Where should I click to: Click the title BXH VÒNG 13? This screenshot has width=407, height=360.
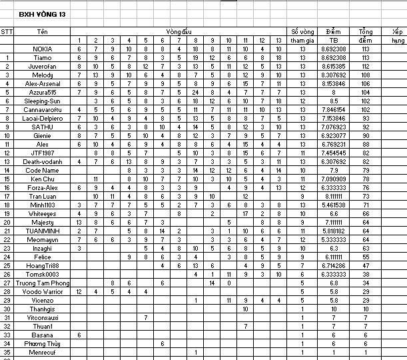pos(43,13)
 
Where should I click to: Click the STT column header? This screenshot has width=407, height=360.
pos(7,31)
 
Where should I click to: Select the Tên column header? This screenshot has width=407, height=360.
pos(43,31)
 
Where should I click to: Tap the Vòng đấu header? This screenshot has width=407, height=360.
pos(179,31)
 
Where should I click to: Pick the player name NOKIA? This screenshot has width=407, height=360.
pos(43,49)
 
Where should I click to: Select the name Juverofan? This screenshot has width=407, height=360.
pos(43,66)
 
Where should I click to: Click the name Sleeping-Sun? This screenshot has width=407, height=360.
pos(43,101)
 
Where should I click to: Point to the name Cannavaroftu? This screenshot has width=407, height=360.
pos(43,109)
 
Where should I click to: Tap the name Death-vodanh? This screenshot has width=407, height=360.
pos(43,161)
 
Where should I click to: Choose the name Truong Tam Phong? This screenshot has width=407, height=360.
pos(43,283)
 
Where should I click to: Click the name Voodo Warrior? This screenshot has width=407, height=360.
pos(43,291)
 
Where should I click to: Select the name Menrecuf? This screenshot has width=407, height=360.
pos(43,352)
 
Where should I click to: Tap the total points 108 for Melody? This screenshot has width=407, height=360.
pos(366,75)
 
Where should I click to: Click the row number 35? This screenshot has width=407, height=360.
pos(7,352)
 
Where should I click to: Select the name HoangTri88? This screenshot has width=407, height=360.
pos(43,265)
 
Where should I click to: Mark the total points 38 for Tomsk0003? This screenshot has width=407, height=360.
pos(366,274)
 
